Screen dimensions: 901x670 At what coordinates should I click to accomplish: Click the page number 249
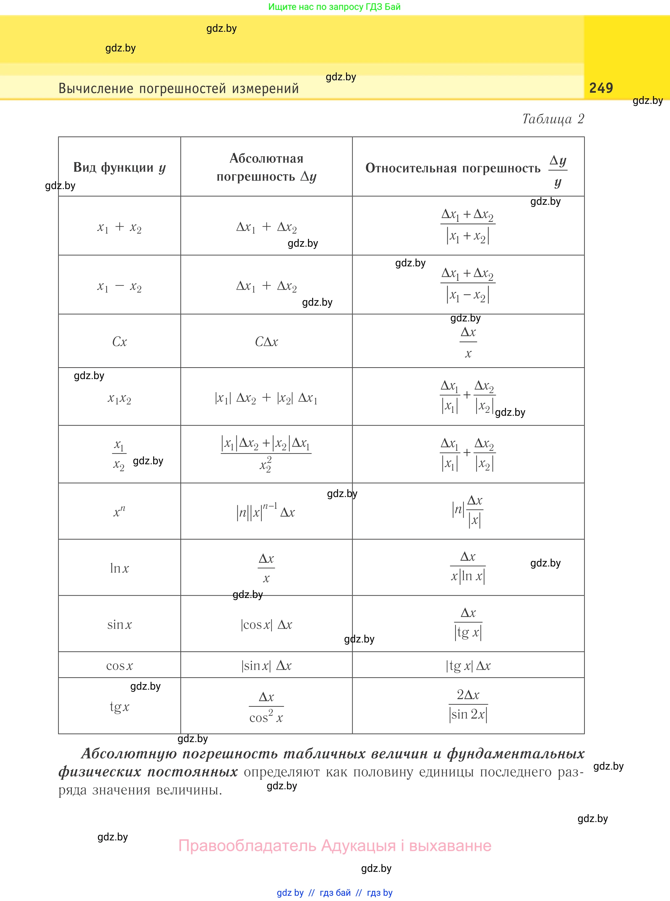pyautogui.click(x=601, y=88)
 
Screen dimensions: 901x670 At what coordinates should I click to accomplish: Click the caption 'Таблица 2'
pyautogui.click(x=553, y=119)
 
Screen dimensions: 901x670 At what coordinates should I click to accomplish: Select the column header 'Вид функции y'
pyautogui.click(x=119, y=167)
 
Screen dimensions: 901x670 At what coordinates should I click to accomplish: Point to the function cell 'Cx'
pyautogui.click(x=119, y=341)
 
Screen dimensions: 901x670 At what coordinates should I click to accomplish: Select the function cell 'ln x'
pyautogui.click(x=119, y=568)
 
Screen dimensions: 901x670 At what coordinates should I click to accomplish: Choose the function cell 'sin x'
pyautogui.click(x=119, y=624)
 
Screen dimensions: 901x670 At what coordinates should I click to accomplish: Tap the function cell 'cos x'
pyautogui.click(x=119, y=666)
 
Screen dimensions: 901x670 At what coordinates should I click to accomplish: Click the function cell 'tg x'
pyautogui.click(x=119, y=706)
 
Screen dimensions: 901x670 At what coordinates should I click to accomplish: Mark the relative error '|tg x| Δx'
pyautogui.click(x=468, y=666)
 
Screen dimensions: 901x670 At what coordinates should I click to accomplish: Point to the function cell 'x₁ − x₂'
pyautogui.click(x=119, y=286)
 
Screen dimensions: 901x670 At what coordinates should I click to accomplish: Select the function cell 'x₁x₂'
pyautogui.click(x=119, y=399)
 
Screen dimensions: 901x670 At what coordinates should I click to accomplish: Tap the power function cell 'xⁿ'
pyautogui.click(x=119, y=512)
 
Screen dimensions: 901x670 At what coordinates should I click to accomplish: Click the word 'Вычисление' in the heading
pyautogui.click(x=96, y=88)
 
